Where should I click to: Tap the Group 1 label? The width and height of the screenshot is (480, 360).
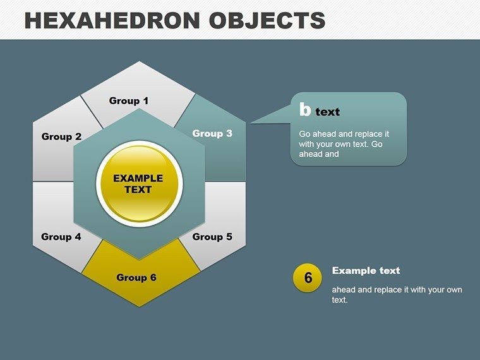(129, 100)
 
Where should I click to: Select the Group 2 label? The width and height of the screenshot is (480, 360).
(61, 136)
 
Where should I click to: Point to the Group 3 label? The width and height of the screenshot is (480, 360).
(212, 133)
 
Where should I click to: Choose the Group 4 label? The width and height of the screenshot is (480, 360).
(61, 237)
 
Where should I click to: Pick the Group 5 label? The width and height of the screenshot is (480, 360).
(212, 237)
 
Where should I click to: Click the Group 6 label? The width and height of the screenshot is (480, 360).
(136, 277)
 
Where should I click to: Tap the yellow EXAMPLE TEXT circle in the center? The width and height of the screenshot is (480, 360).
(138, 184)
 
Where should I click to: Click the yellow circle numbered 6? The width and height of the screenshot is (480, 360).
(308, 278)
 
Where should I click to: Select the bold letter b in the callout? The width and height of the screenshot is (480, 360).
(305, 111)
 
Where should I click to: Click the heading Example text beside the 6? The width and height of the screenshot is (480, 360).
(366, 270)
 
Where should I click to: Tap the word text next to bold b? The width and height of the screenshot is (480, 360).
(328, 112)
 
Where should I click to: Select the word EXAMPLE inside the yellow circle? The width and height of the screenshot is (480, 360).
(138, 178)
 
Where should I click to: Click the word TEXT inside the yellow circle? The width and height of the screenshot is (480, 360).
(138, 189)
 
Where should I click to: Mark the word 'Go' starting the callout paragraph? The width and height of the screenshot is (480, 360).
(304, 135)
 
